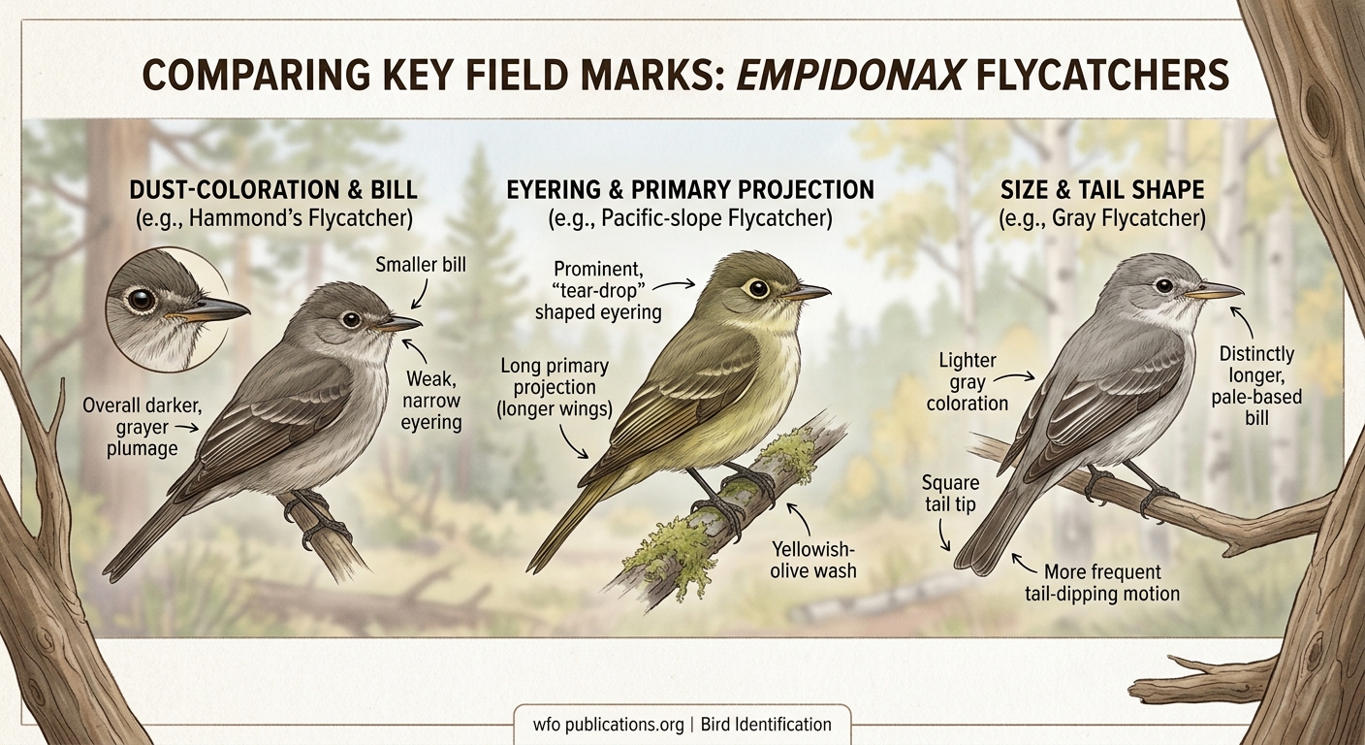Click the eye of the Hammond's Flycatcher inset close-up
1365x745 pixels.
pos(143,300)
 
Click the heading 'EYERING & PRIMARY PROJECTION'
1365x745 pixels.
pos(690,190)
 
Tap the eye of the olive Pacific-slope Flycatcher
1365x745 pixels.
pos(755,288)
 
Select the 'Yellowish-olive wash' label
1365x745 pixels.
pos(813,560)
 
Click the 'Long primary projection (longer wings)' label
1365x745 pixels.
pos(555,388)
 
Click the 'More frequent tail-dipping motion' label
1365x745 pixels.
pos(1102,582)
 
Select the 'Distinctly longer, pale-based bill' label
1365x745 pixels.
pos(1256,386)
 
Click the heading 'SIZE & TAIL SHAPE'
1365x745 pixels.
pos(1102,190)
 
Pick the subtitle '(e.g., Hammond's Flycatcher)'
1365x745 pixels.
pos(274,220)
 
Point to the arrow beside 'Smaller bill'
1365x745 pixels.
pos(419,292)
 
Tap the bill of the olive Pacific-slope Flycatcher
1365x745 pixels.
pos(808,291)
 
